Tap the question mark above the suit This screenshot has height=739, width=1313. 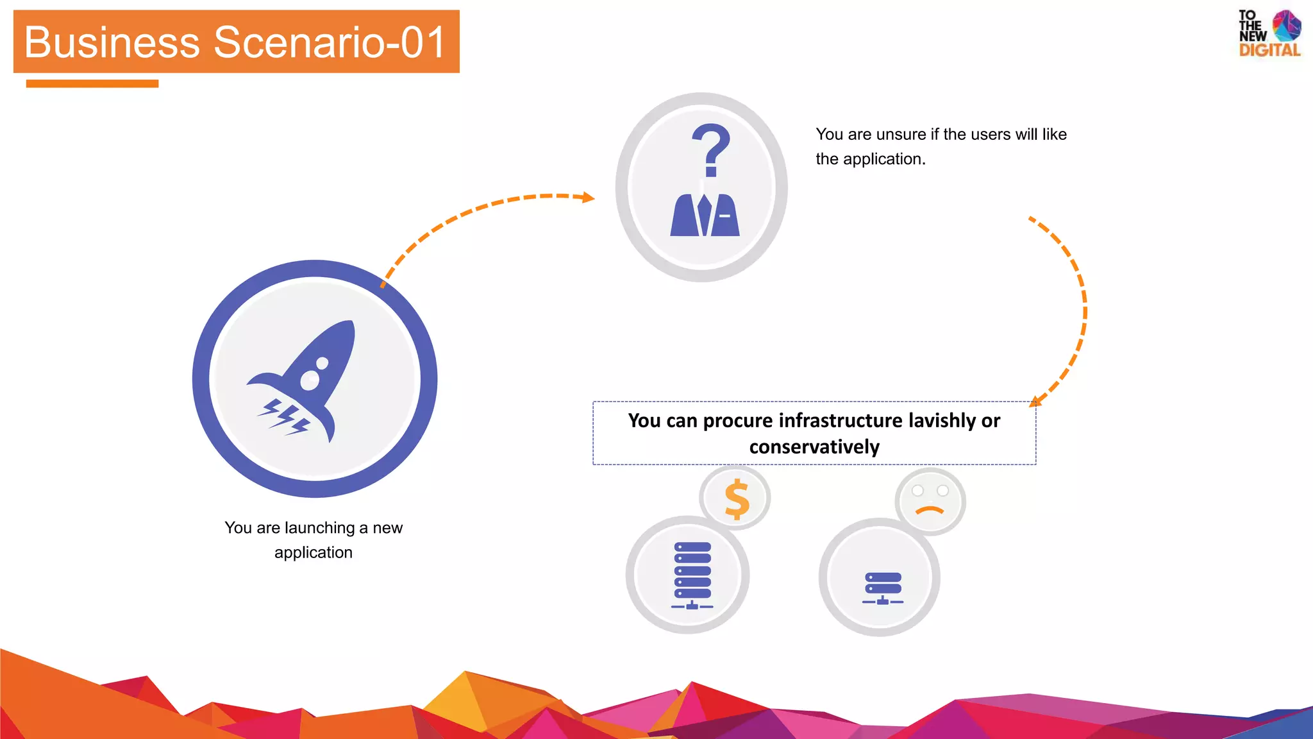point(710,149)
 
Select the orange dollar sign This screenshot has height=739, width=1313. point(737,499)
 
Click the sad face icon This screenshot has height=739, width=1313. point(930,501)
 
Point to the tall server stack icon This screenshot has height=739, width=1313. point(692,575)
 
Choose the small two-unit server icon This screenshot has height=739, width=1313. point(883,588)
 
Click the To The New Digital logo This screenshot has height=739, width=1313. point(1269,34)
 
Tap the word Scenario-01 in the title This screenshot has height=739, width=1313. point(330,42)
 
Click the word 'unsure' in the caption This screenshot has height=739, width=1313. point(901,135)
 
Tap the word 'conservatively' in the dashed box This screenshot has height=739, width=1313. point(814,447)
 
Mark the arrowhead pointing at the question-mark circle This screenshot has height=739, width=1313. point(588,198)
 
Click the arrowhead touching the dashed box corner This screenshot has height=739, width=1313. point(1035,402)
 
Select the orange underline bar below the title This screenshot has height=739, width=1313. point(92,83)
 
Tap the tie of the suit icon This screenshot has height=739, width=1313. point(705,214)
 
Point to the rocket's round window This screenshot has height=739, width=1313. point(310,380)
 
